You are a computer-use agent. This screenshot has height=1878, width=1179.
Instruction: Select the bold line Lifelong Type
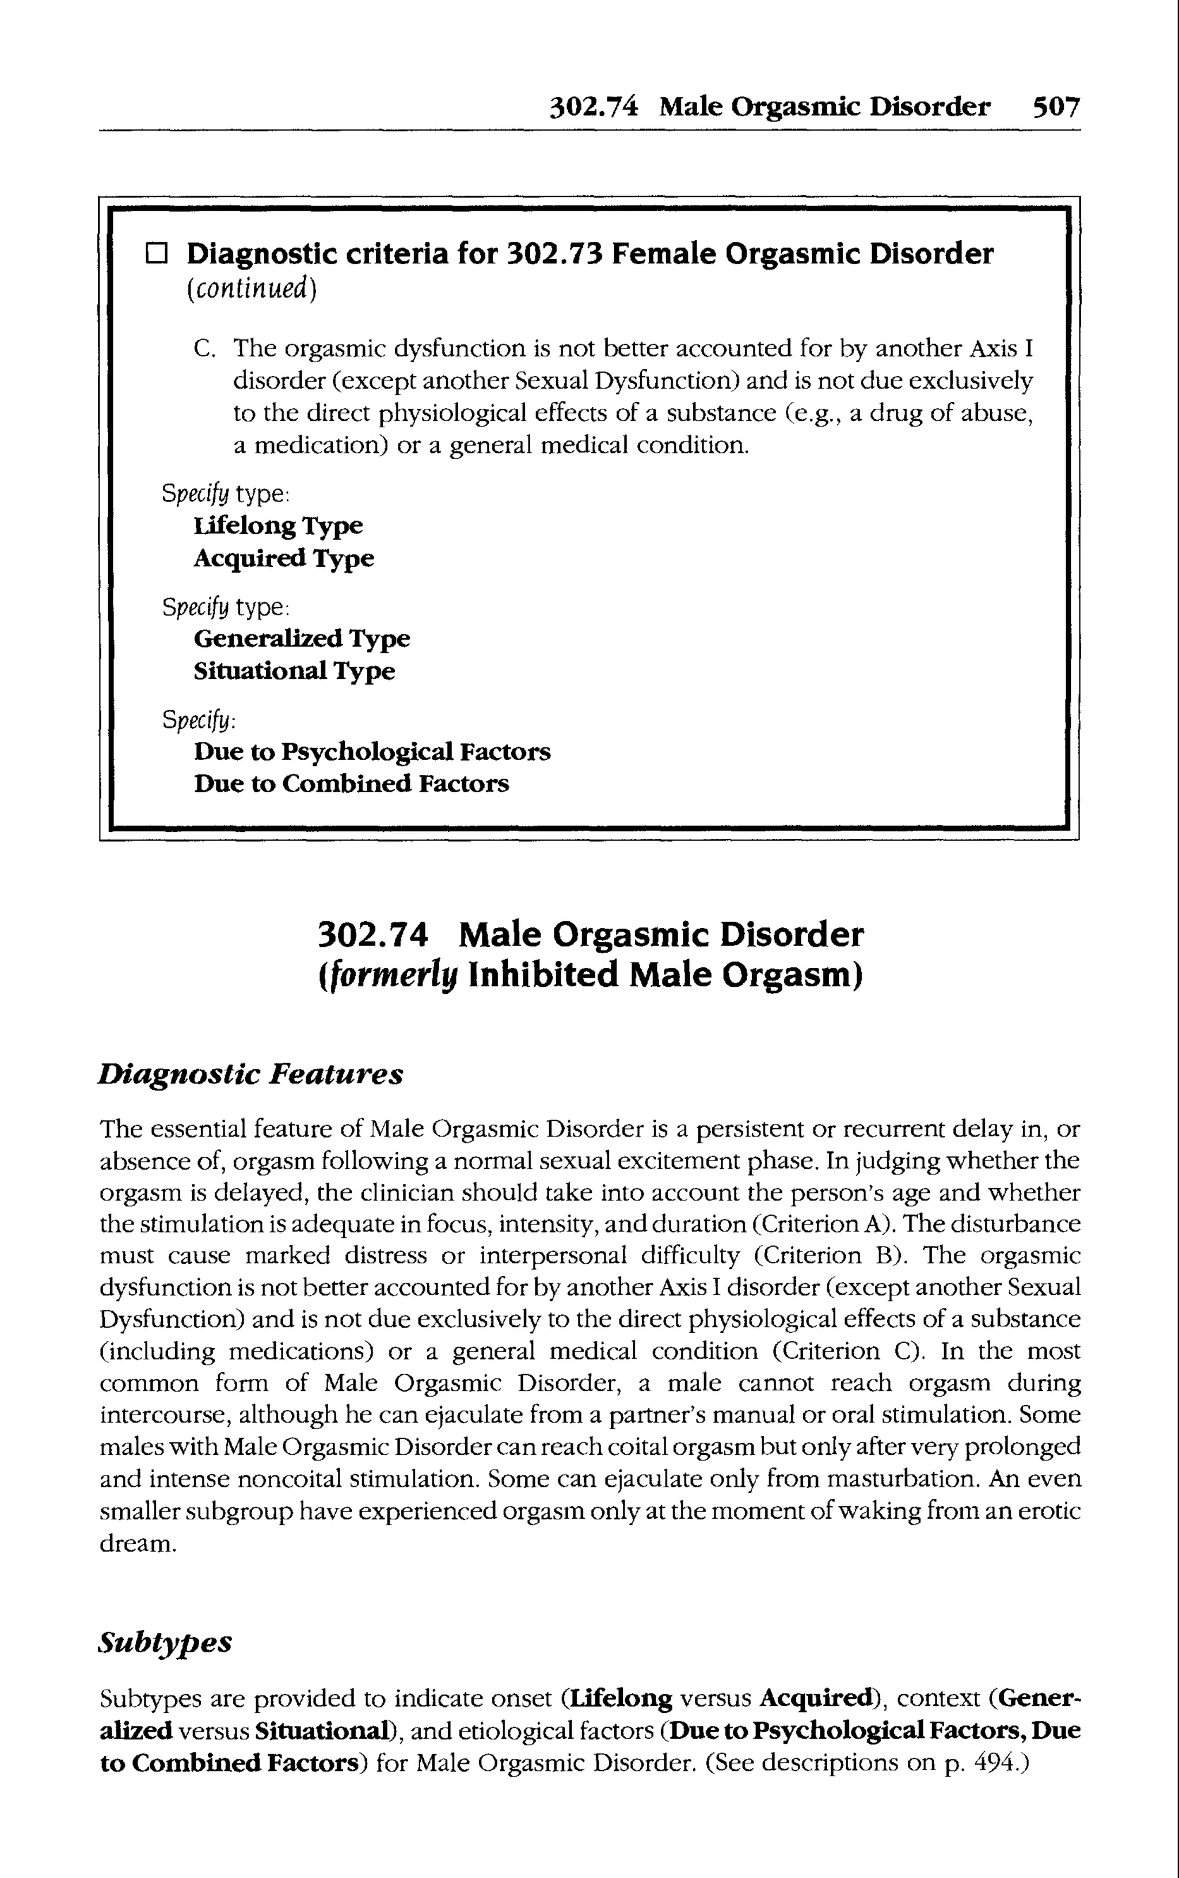277,526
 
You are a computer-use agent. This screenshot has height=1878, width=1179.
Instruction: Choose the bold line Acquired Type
284,559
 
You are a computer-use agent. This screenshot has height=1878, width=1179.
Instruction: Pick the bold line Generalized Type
302,639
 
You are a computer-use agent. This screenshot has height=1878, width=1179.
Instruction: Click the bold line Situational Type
294,671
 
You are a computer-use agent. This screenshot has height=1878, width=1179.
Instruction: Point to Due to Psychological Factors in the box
372,752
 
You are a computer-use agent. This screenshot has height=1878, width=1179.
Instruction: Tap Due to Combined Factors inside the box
351,784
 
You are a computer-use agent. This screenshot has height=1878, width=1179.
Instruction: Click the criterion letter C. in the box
204,348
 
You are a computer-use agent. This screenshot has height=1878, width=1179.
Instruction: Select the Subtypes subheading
165,1643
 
